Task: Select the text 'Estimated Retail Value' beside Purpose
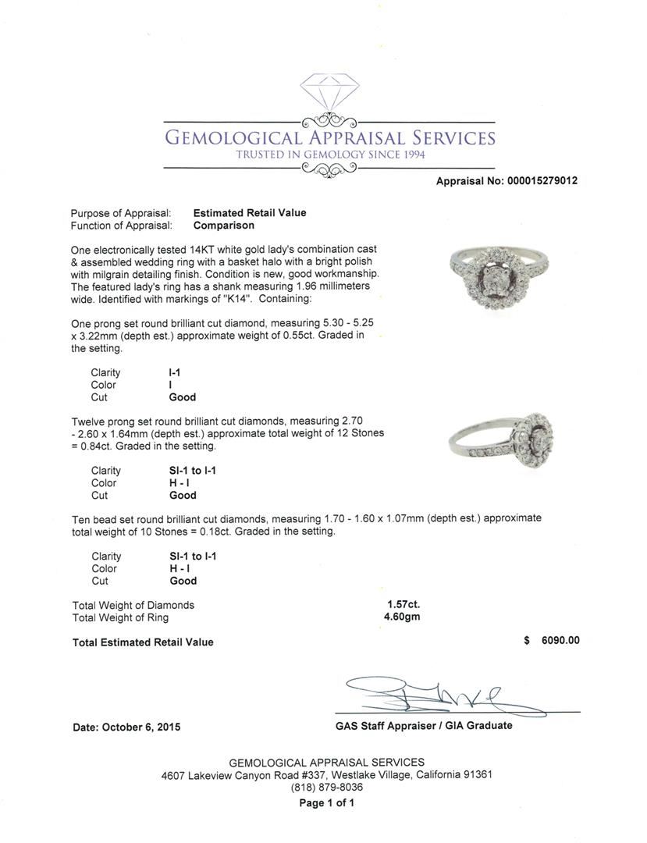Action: click(250, 213)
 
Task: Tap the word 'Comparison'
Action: click(224, 226)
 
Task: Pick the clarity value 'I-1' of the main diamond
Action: click(176, 373)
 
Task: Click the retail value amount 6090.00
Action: click(560, 641)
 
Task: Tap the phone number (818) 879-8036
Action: click(326, 787)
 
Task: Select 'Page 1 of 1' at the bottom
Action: click(326, 803)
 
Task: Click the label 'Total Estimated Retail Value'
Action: click(143, 642)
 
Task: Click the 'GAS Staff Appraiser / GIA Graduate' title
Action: click(423, 726)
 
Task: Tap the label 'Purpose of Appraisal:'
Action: click(121, 213)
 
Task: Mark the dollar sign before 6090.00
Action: click(527, 641)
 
